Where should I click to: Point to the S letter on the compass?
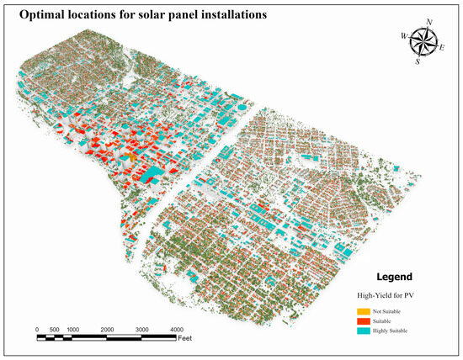pos(418,61)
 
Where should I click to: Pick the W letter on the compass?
pos(404,35)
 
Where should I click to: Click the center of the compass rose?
pos(423,41)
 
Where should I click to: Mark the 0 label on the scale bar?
pos(37,328)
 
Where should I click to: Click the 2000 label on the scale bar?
pos(107,328)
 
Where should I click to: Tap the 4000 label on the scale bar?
pos(176,328)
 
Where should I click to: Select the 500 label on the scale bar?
pos(55,328)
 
